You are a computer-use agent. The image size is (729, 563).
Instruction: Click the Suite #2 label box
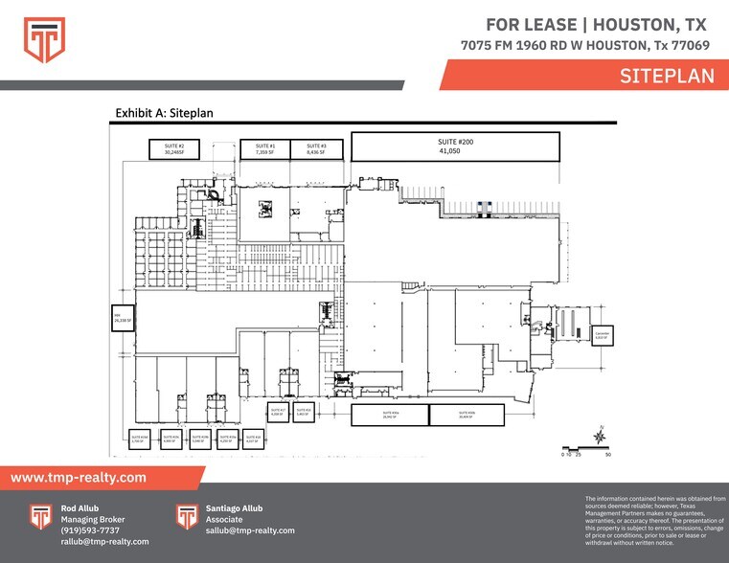coord(174,148)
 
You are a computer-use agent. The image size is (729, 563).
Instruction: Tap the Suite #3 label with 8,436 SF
coord(316,148)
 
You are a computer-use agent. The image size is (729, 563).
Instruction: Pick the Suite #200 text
coord(456,142)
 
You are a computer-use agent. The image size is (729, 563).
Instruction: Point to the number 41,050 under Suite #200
coord(456,151)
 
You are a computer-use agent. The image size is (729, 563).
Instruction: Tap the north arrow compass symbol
coord(600,437)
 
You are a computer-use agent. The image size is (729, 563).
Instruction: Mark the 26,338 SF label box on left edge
coord(121,318)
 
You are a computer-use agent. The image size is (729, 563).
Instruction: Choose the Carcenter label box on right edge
coord(604,335)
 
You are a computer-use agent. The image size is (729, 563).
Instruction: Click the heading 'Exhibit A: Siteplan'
coord(164,113)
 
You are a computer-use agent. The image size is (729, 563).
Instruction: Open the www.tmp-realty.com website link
coord(79,477)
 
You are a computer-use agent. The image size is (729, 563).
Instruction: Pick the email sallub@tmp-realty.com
coord(250,530)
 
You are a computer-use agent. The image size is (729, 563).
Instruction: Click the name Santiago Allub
coord(234,508)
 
